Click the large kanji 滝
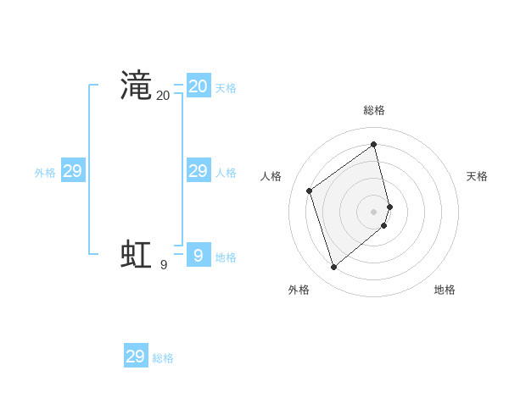(136, 86)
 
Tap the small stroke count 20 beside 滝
(163, 97)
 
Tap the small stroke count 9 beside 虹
(164, 265)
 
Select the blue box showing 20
(199, 86)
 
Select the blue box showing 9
(199, 255)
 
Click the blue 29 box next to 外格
(73, 171)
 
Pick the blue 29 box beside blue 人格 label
(199, 171)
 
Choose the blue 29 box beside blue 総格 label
(136, 357)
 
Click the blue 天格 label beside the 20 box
(226, 88)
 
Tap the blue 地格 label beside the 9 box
(226, 257)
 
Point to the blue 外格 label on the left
(45, 173)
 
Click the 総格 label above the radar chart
(374, 110)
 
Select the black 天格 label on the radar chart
(478, 176)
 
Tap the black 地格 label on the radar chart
(445, 290)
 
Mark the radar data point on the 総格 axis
(374, 144)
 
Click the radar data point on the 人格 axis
(310, 191)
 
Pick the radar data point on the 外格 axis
(333, 268)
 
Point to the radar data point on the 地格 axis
(384, 225)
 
